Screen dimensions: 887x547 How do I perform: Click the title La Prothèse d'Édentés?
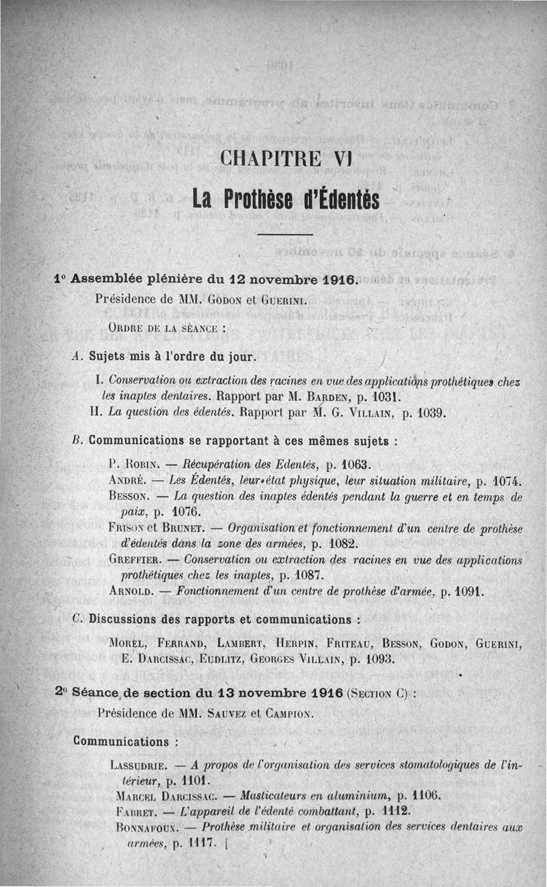pyautogui.click(x=285, y=199)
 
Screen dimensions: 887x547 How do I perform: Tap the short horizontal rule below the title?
pyautogui.click(x=286, y=235)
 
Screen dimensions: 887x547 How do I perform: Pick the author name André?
pyautogui.click(x=125, y=479)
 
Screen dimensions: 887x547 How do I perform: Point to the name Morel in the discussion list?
pyautogui.click(x=129, y=644)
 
